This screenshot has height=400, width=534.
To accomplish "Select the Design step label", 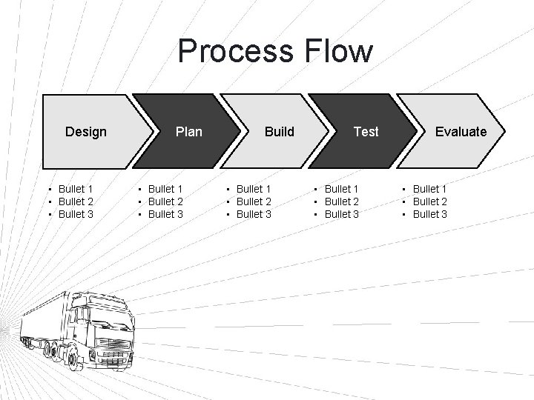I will tap(86, 132).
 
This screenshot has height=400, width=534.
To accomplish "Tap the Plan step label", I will tap(188, 132).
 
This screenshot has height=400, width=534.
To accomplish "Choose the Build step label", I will tap(280, 132).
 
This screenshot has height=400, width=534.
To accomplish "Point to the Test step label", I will tap(366, 132).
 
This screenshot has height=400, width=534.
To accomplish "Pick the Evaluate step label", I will tap(461, 132).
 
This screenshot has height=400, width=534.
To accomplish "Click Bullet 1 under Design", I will tap(76, 189).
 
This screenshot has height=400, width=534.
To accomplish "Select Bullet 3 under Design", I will tap(76, 214).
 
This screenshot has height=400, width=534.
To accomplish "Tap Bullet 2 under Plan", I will tap(166, 201).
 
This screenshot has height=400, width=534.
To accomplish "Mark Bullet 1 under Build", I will tap(254, 189).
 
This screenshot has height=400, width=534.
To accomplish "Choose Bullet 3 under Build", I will tap(254, 214).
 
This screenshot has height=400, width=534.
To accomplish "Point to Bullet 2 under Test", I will tap(342, 201).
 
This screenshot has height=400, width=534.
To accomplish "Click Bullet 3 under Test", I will tap(342, 214).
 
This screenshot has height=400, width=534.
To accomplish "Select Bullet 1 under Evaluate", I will tap(430, 189).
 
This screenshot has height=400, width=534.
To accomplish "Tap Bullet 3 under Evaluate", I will tap(430, 214).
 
